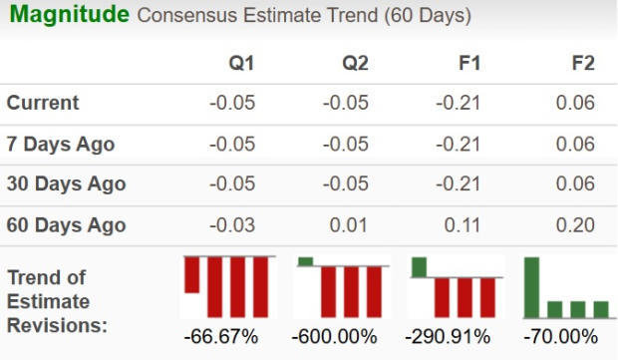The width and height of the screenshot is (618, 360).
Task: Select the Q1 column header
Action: tap(241, 64)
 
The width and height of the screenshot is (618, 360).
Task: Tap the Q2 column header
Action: tap(355, 64)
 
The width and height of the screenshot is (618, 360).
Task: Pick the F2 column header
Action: tap(582, 64)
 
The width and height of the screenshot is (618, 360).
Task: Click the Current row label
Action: tap(43, 104)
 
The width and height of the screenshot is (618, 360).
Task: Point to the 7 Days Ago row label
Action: tap(61, 145)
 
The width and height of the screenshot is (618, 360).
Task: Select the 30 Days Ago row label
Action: tap(66, 184)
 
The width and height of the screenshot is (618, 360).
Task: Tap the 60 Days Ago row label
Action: tap(66, 225)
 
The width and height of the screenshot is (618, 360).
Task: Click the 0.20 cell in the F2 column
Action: tap(577, 225)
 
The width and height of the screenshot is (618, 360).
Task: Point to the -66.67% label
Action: tap(221, 336)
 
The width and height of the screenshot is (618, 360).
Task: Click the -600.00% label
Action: tap(334, 336)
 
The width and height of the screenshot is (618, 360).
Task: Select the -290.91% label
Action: tap(448, 336)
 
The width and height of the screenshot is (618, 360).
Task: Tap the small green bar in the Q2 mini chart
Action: tap(305, 261)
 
